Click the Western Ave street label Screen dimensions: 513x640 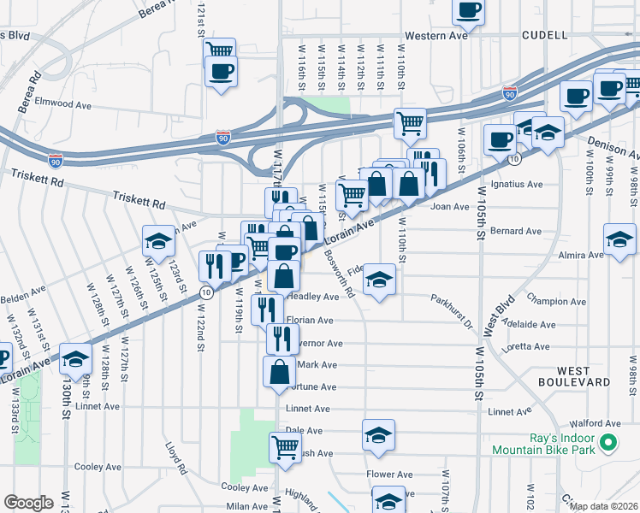tap(436, 36)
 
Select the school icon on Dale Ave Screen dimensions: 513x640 tap(378, 433)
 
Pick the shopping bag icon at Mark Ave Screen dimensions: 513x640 tap(279, 372)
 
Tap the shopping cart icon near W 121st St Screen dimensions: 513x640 tap(220, 50)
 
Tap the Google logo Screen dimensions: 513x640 tap(28, 502)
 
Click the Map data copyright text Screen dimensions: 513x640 tap(604, 505)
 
